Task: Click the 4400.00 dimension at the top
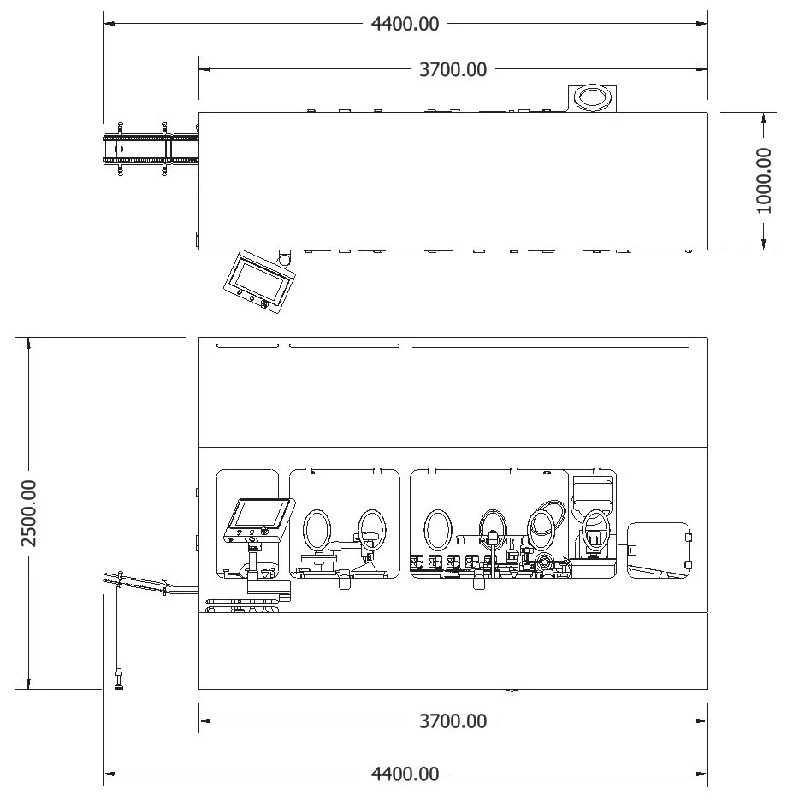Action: click(x=405, y=24)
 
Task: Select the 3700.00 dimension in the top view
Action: click(x=453, y=69)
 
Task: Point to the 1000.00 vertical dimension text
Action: click(x=763, y=180)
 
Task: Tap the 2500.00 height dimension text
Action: click(x=28, y=514)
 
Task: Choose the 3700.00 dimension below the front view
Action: click(x=453, y=721)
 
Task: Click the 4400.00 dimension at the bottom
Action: click(x=405, y=774)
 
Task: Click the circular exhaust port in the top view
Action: click(x=592, y=97)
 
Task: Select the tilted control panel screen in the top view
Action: click(x=259, y=281)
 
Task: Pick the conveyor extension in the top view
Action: click(x=151, y=149)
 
